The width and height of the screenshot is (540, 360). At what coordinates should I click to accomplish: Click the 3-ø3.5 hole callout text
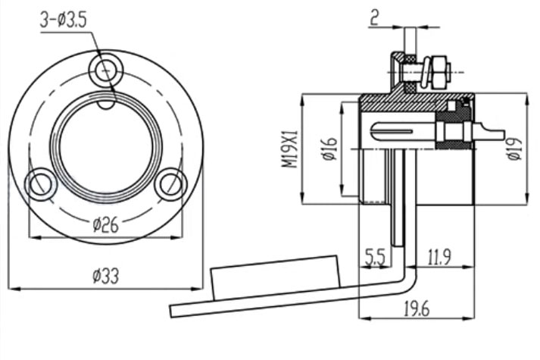click(63, 20)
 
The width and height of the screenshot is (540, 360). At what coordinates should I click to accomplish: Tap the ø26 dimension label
click(106, 224)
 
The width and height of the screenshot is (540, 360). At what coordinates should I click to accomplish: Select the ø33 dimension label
click(106, 276)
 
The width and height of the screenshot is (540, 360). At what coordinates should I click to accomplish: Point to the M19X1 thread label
click(290, 149)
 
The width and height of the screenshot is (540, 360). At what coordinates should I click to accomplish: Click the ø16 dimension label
click(330, 149)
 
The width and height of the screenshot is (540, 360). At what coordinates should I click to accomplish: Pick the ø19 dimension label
click(515, 149)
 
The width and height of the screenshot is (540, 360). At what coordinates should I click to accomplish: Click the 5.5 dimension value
click(375, 257)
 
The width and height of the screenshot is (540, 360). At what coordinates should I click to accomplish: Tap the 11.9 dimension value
click(439, 257)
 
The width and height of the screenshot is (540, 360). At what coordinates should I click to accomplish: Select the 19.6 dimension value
click(417, 308)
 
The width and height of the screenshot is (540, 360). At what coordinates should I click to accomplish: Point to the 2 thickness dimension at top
click(374, 18)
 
